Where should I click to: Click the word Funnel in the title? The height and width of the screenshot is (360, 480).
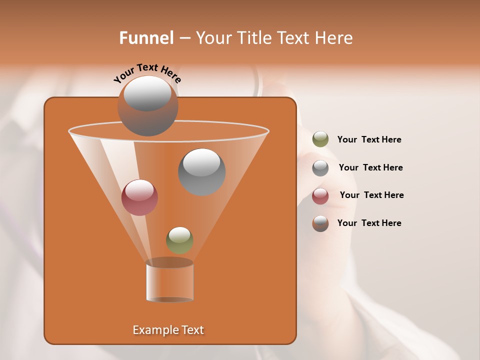(146, 38)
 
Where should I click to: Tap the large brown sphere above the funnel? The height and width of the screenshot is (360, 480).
(147, 106)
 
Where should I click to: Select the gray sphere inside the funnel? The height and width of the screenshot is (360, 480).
(201, 172)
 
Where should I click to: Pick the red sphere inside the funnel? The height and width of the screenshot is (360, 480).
(139, 197)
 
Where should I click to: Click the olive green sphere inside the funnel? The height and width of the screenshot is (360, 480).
(179, 240)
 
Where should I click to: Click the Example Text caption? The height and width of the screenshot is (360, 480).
(168, 330)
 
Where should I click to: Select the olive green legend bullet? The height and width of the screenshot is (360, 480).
(320, 139)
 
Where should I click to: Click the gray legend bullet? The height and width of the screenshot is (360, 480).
(320, 168)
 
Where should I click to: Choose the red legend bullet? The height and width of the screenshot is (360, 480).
(320, 196)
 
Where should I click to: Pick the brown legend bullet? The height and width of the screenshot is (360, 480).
(320, 223)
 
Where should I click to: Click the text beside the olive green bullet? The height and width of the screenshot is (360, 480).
(369, 140)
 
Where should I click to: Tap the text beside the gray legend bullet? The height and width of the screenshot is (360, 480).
(370, 167)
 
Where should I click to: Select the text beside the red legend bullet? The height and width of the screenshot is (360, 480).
(371, 195)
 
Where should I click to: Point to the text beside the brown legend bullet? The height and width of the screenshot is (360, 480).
(369, 223)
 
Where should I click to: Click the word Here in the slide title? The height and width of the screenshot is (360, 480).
(334, 38)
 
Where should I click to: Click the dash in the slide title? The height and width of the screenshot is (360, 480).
(184, 38)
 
